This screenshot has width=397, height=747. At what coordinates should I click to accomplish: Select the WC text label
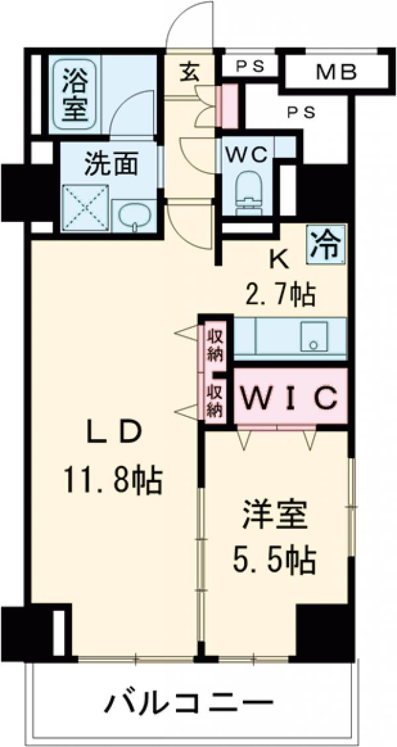pos(247,153)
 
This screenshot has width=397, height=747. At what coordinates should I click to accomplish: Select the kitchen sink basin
pos(313,337)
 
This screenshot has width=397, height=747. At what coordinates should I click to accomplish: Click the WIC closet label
pos(289,397)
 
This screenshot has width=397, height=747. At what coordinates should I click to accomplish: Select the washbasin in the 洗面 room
pos(134,216)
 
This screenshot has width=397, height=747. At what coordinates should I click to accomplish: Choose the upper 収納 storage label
pos(213,341)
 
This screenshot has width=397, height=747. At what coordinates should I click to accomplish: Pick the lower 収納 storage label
pos(213,399)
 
